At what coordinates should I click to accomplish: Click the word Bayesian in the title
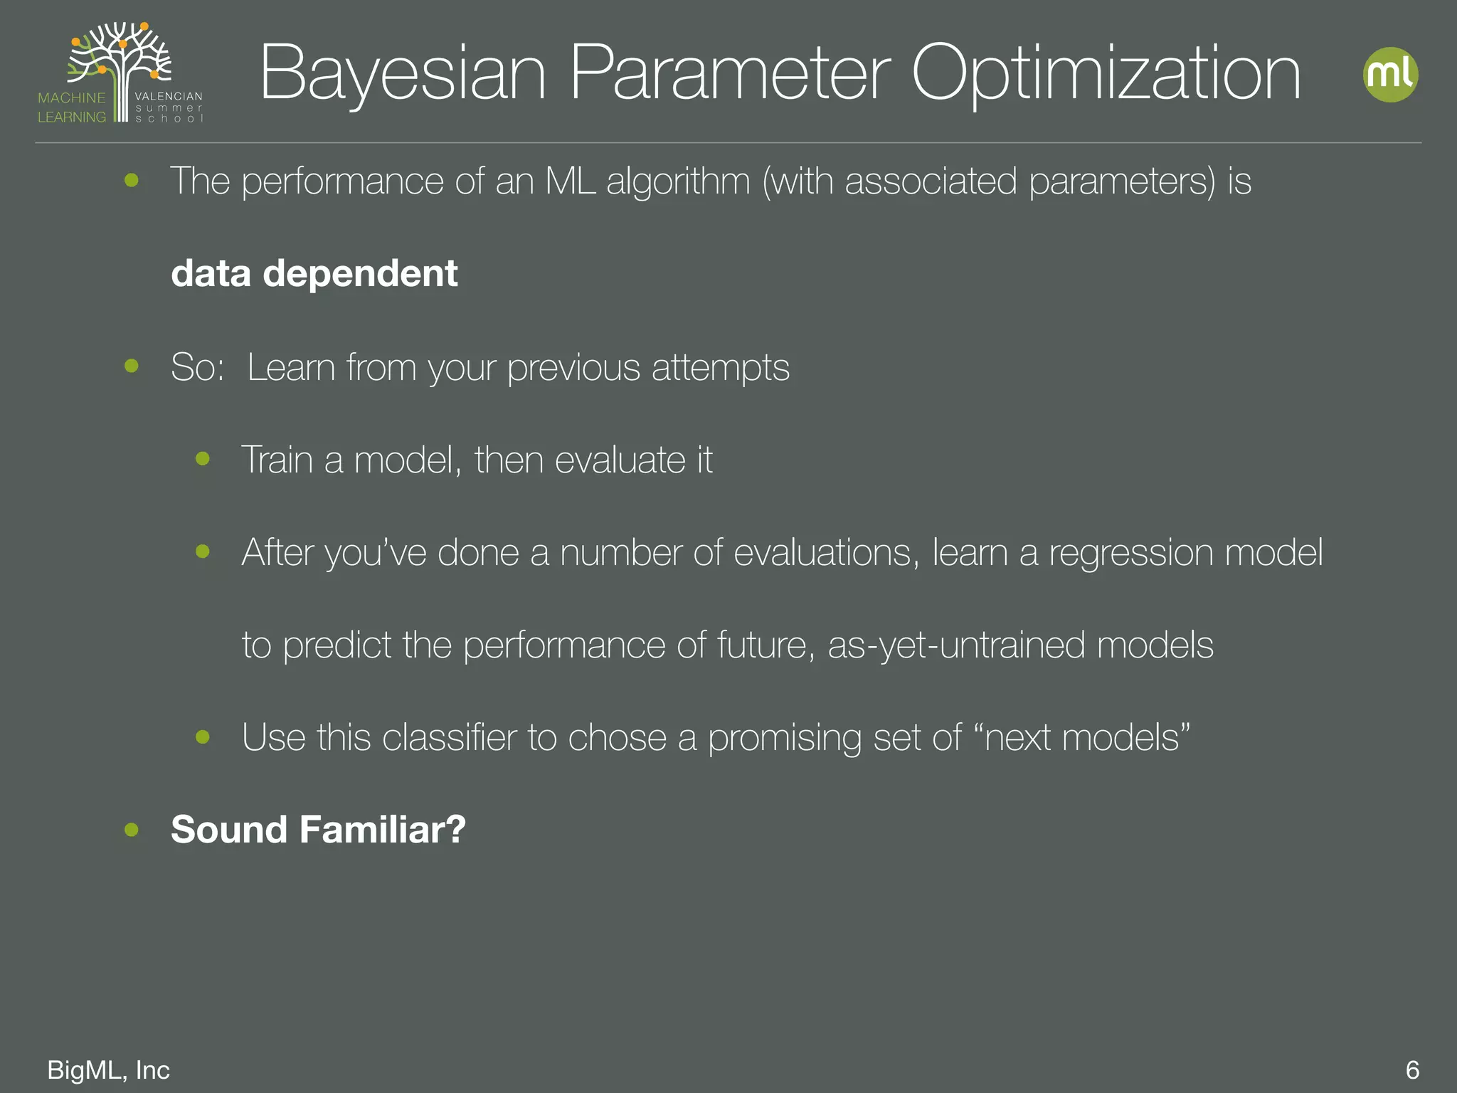pos(403,74)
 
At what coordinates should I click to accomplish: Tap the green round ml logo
pos(1390,75)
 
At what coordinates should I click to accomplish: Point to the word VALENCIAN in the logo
pos(169,96)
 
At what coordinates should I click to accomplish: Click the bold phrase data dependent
pos(314,274)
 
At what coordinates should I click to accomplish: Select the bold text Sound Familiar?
pos(318,830)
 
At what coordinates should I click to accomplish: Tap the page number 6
pos(1412,1070)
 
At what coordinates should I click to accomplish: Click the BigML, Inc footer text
pos(108,1070)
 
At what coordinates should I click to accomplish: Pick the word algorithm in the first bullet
pos(678,181)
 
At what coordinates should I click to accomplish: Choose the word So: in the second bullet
pos(197,368)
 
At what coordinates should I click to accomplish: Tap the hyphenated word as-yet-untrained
pos(955,645)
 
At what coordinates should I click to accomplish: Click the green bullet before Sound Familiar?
pos(132,830)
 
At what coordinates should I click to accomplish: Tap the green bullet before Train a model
pos(203,459)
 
